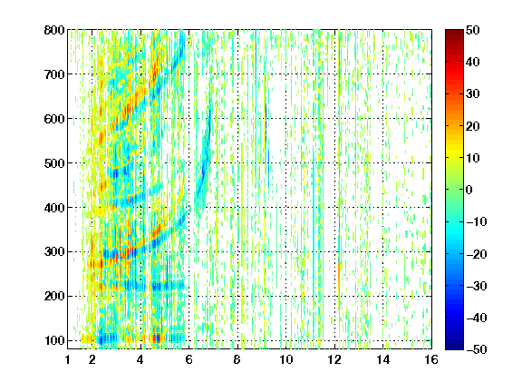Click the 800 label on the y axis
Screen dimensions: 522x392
[54, 30]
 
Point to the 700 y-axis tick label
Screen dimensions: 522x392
[54, 74]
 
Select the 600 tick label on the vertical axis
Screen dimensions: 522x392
[54, 119]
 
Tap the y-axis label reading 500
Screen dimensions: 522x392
[54, 163]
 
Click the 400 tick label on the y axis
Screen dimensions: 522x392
[54, 208]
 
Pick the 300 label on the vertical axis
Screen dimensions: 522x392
[54, 252]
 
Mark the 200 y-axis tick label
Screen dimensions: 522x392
[54, 297]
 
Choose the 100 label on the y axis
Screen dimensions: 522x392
[54, 341]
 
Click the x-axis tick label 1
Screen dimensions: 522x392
[68, 359]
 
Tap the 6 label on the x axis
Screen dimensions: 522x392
[189, 359]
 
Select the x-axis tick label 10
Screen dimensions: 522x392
[286, 359]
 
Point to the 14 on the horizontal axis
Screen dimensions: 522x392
[383, 359]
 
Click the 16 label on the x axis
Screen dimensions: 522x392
[431, 359]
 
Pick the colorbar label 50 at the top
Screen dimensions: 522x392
[473, 30]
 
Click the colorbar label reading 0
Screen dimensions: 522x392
[469, 190]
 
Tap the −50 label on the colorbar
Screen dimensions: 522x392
[477, 349]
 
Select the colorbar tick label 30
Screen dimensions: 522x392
[473, 94]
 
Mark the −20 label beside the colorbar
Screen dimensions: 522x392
[477, 254]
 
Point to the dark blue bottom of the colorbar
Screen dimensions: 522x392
[454, 347]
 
